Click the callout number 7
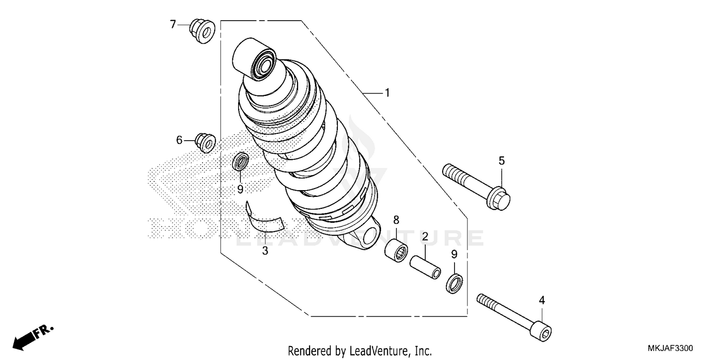click(x=173, y=24)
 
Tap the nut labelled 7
click(x=202, y=31)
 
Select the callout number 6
click(x=179, y=140)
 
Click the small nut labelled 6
click(x=205, y=143)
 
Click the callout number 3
click(x=265, y=251)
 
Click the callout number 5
click(x=502, y=161)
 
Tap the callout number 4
click(x=542, y=301)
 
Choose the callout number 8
click(x=396, y=220)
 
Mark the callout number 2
click(x=425, y=236)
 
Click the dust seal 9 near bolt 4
click(x=455, y=283)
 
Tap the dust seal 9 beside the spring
click(x=240, y=162)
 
